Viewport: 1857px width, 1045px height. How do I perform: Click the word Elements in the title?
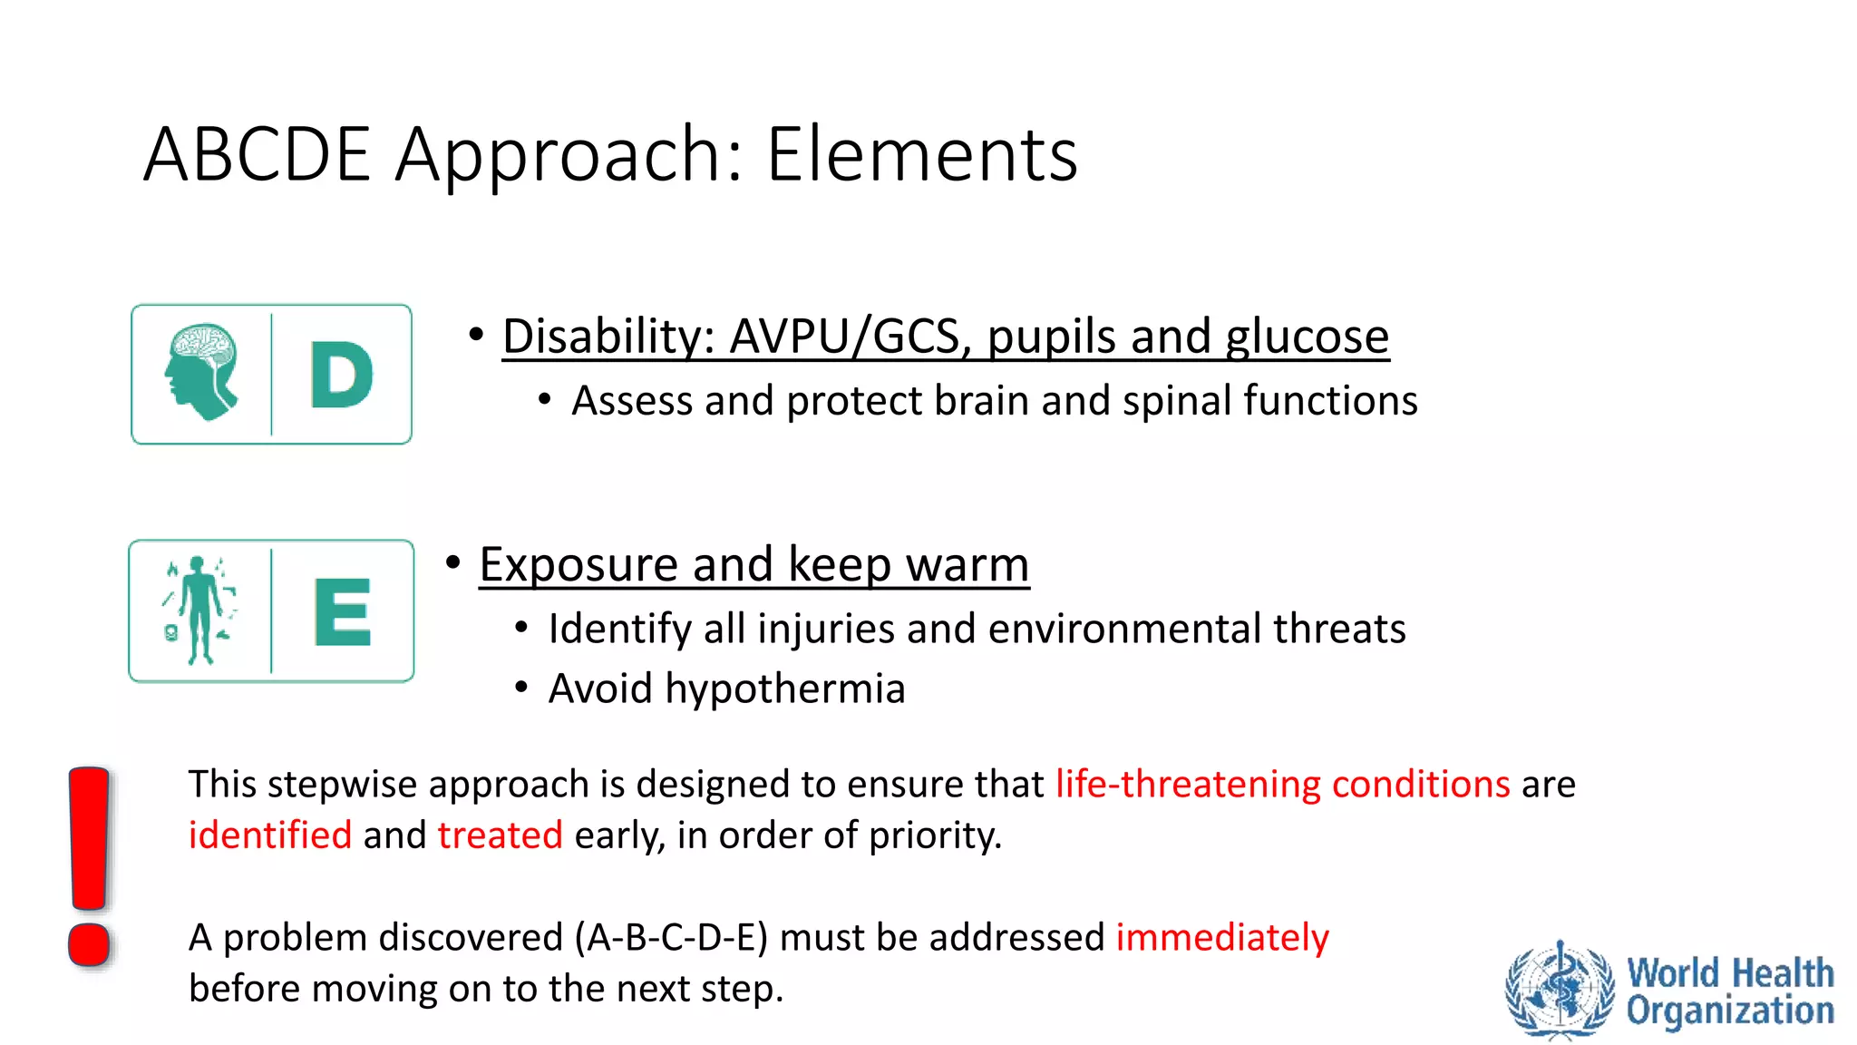pyautogui.click(x=921, y=154)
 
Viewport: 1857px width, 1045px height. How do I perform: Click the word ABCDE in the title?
pyautogui.click(x=257, y=154)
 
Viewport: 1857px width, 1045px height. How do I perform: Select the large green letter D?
pyautogui.click(x=341, y=375)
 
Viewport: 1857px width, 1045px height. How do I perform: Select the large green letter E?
pyautogui.click(x=342, y=612)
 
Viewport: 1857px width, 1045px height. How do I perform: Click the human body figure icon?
pyautogui.click(x=199, y=610)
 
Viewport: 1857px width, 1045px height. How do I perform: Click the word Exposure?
pyautogui.click(x=578, y=564)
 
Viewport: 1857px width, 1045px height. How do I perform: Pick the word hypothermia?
pyautogui.click(x=785, y=689)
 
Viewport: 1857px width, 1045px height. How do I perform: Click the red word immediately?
pyautogui.click(x=1221, y=937)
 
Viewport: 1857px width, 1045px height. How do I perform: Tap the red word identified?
pyautogui.click(x=269, y=835)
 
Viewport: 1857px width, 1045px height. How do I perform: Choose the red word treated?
pyautogui.click(x=500, y=835)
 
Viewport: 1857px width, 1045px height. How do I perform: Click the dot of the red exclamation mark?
pyautogui.click(x=89, y=944)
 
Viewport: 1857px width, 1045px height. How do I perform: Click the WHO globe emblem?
pyautogui.click(x=1560, y=989)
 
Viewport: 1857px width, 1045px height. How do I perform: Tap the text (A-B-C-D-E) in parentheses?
pyautogui.click(x=671, y=937)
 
